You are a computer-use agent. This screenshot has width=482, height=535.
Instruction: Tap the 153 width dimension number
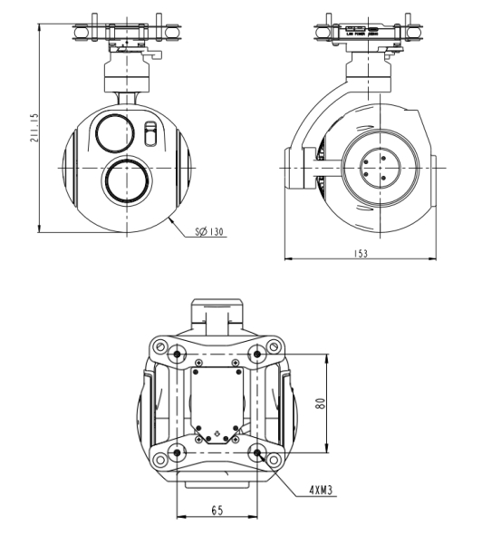coord(360,254)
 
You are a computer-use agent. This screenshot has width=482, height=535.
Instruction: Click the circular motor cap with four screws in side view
coord(378,168)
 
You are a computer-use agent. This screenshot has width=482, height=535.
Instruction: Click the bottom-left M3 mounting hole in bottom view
coord(178,454)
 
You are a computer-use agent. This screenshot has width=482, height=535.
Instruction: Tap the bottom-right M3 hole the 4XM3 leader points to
coord(258,454)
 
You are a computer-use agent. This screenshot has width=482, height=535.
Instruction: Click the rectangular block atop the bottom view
coord(217,316)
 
